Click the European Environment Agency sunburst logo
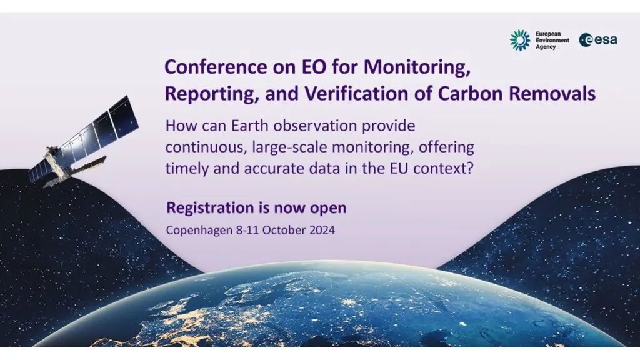(519, 40)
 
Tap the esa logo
(598, 40)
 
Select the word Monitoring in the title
(417, 67)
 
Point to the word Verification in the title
(358, 94)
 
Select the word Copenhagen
(199, 231)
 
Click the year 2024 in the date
(322, 230)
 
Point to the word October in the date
(284, 230)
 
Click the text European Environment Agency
(552, 41)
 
